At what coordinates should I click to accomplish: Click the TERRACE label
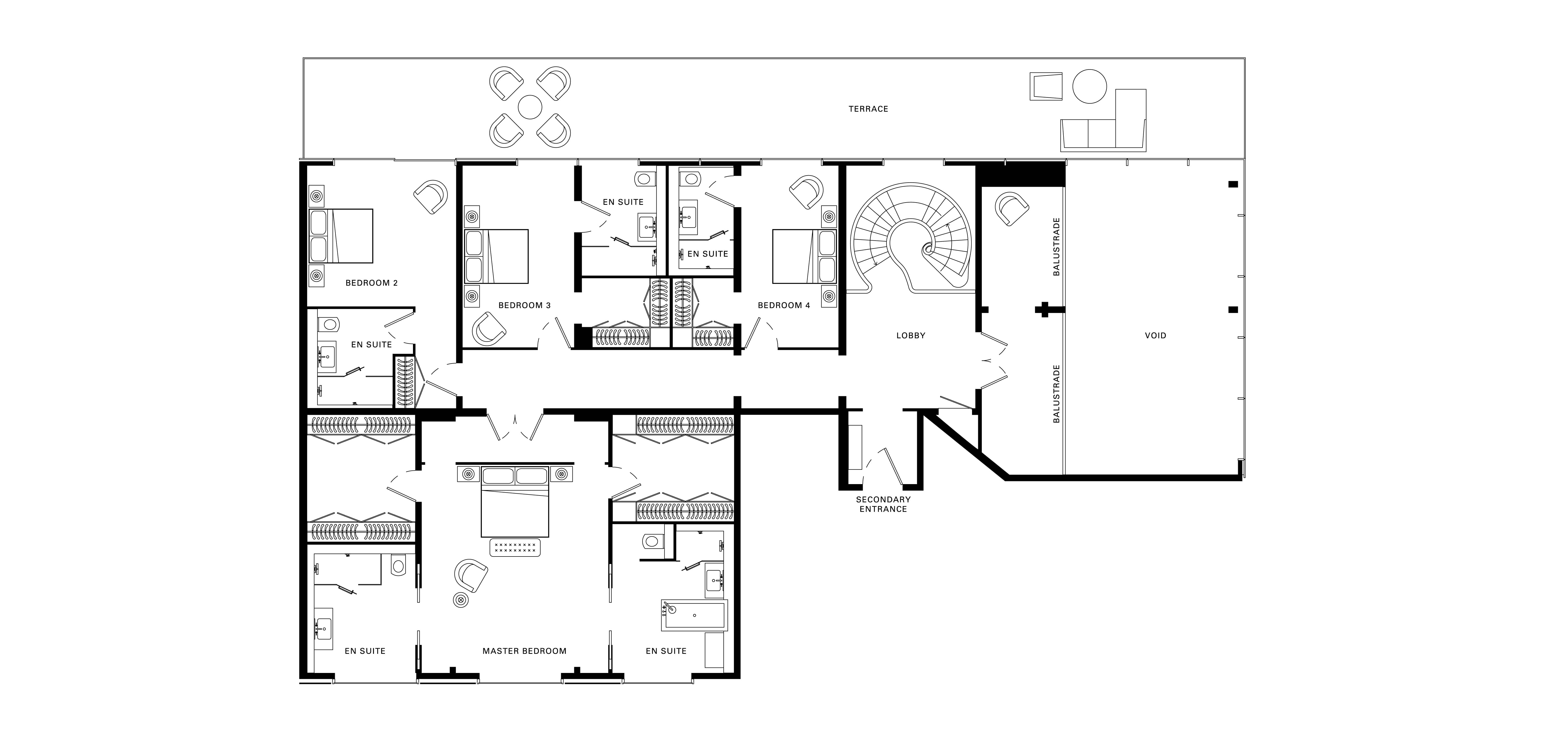[868, 109]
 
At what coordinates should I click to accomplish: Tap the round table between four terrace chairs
[530, 107]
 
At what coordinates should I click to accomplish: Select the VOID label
[1155, 336]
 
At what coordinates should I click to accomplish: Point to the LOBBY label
[910, 336]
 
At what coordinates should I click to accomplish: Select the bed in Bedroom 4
[804, 256]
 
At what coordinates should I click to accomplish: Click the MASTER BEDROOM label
[524, 651]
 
